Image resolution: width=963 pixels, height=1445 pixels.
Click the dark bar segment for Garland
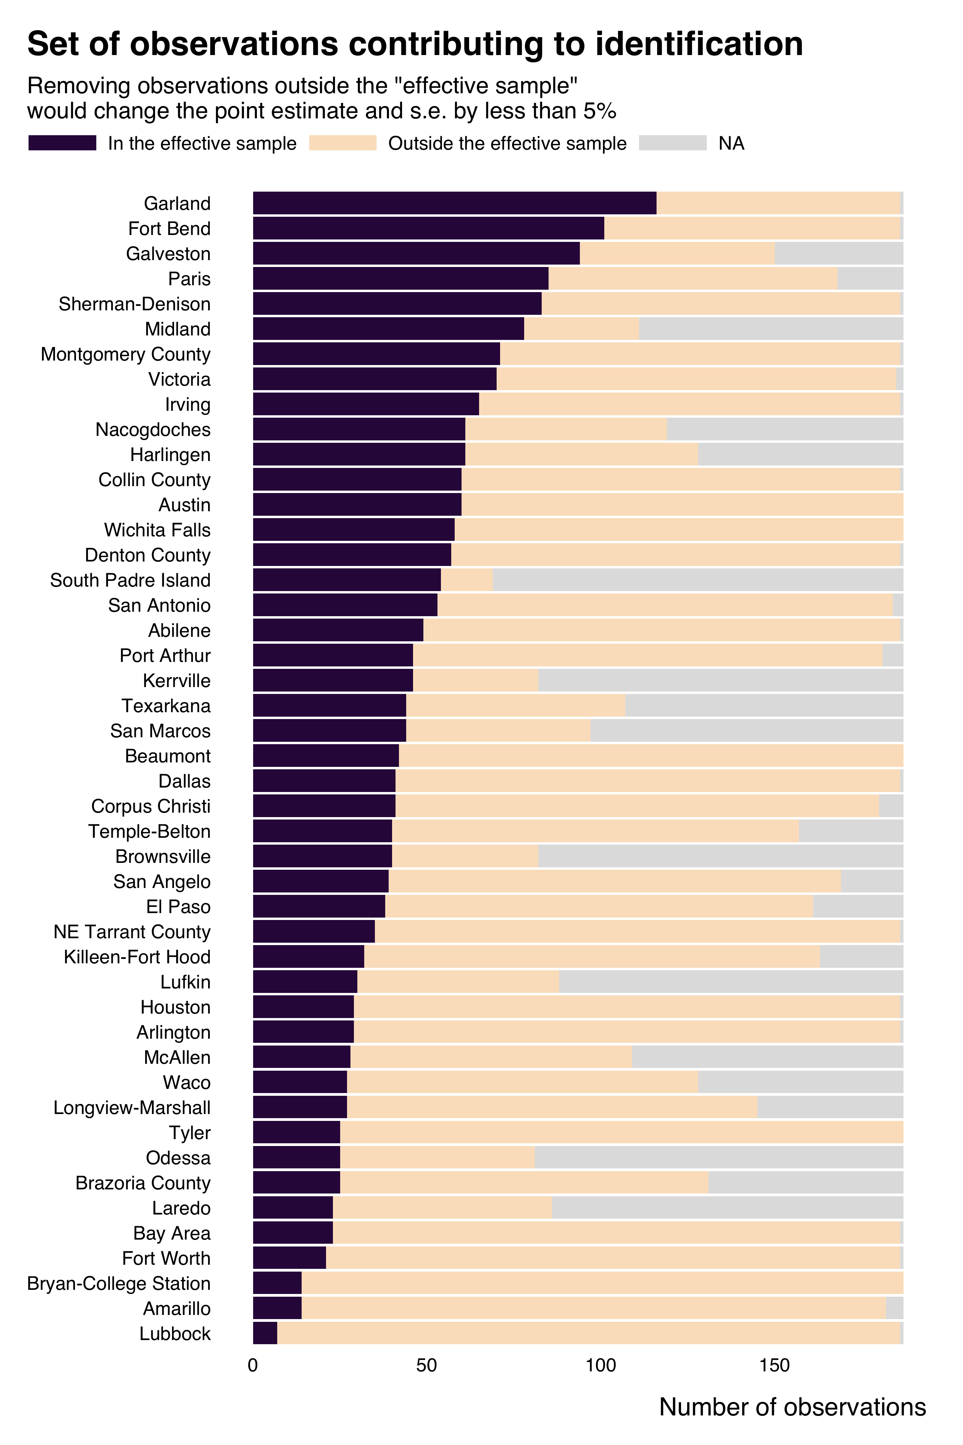click(454, 203)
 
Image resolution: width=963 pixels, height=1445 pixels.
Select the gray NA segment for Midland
click(771, 329)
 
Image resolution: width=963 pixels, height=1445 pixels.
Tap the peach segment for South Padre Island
click(467, 580)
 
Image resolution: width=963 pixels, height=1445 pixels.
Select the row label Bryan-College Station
click(119, 1283)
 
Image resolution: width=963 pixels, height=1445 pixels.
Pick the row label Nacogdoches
click(153, 429)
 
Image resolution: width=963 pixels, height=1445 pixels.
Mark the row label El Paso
click(178, 907)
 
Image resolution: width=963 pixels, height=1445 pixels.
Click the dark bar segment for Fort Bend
click(429, 228)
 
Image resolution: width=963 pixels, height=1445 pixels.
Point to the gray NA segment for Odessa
click(718, 1157)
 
